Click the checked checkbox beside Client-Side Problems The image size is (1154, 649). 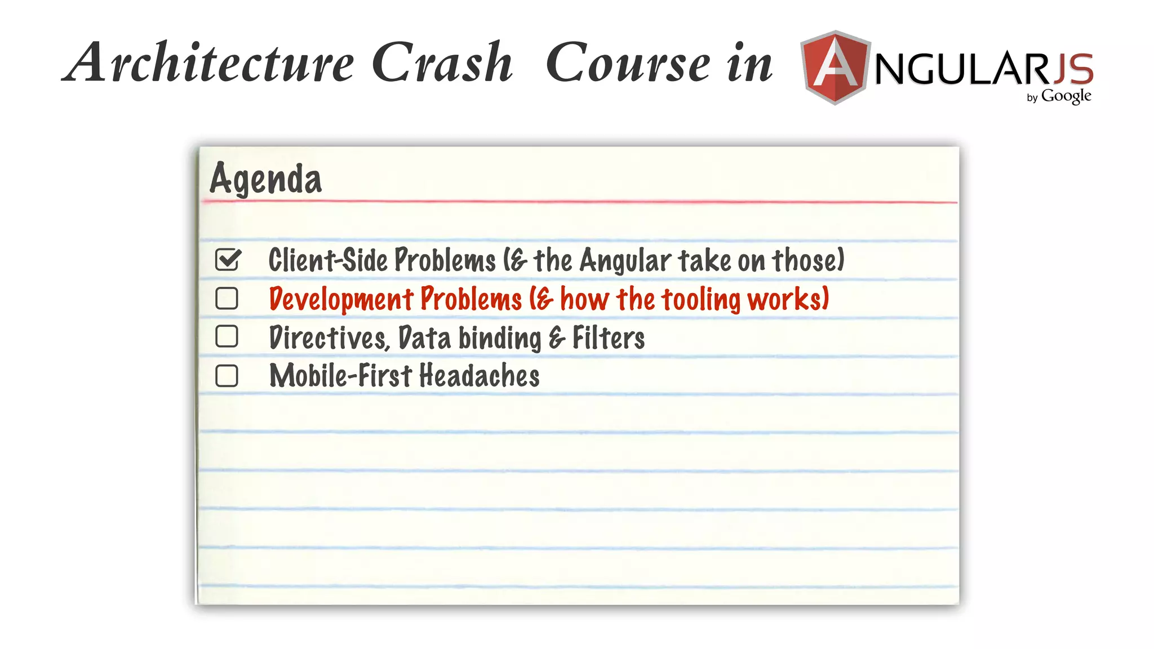228,260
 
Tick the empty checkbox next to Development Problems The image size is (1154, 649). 227,299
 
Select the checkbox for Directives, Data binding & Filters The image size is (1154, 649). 227,337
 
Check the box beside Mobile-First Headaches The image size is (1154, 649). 227,376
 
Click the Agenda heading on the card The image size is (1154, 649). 265,179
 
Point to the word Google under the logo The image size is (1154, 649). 1066,96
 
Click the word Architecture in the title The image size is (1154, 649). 209,62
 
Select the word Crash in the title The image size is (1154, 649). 442,62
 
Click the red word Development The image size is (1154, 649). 341,299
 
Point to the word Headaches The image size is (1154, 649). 479,376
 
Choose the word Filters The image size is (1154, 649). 609,338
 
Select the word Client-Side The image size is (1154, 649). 327,260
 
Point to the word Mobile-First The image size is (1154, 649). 340,376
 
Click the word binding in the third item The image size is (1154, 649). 499,339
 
